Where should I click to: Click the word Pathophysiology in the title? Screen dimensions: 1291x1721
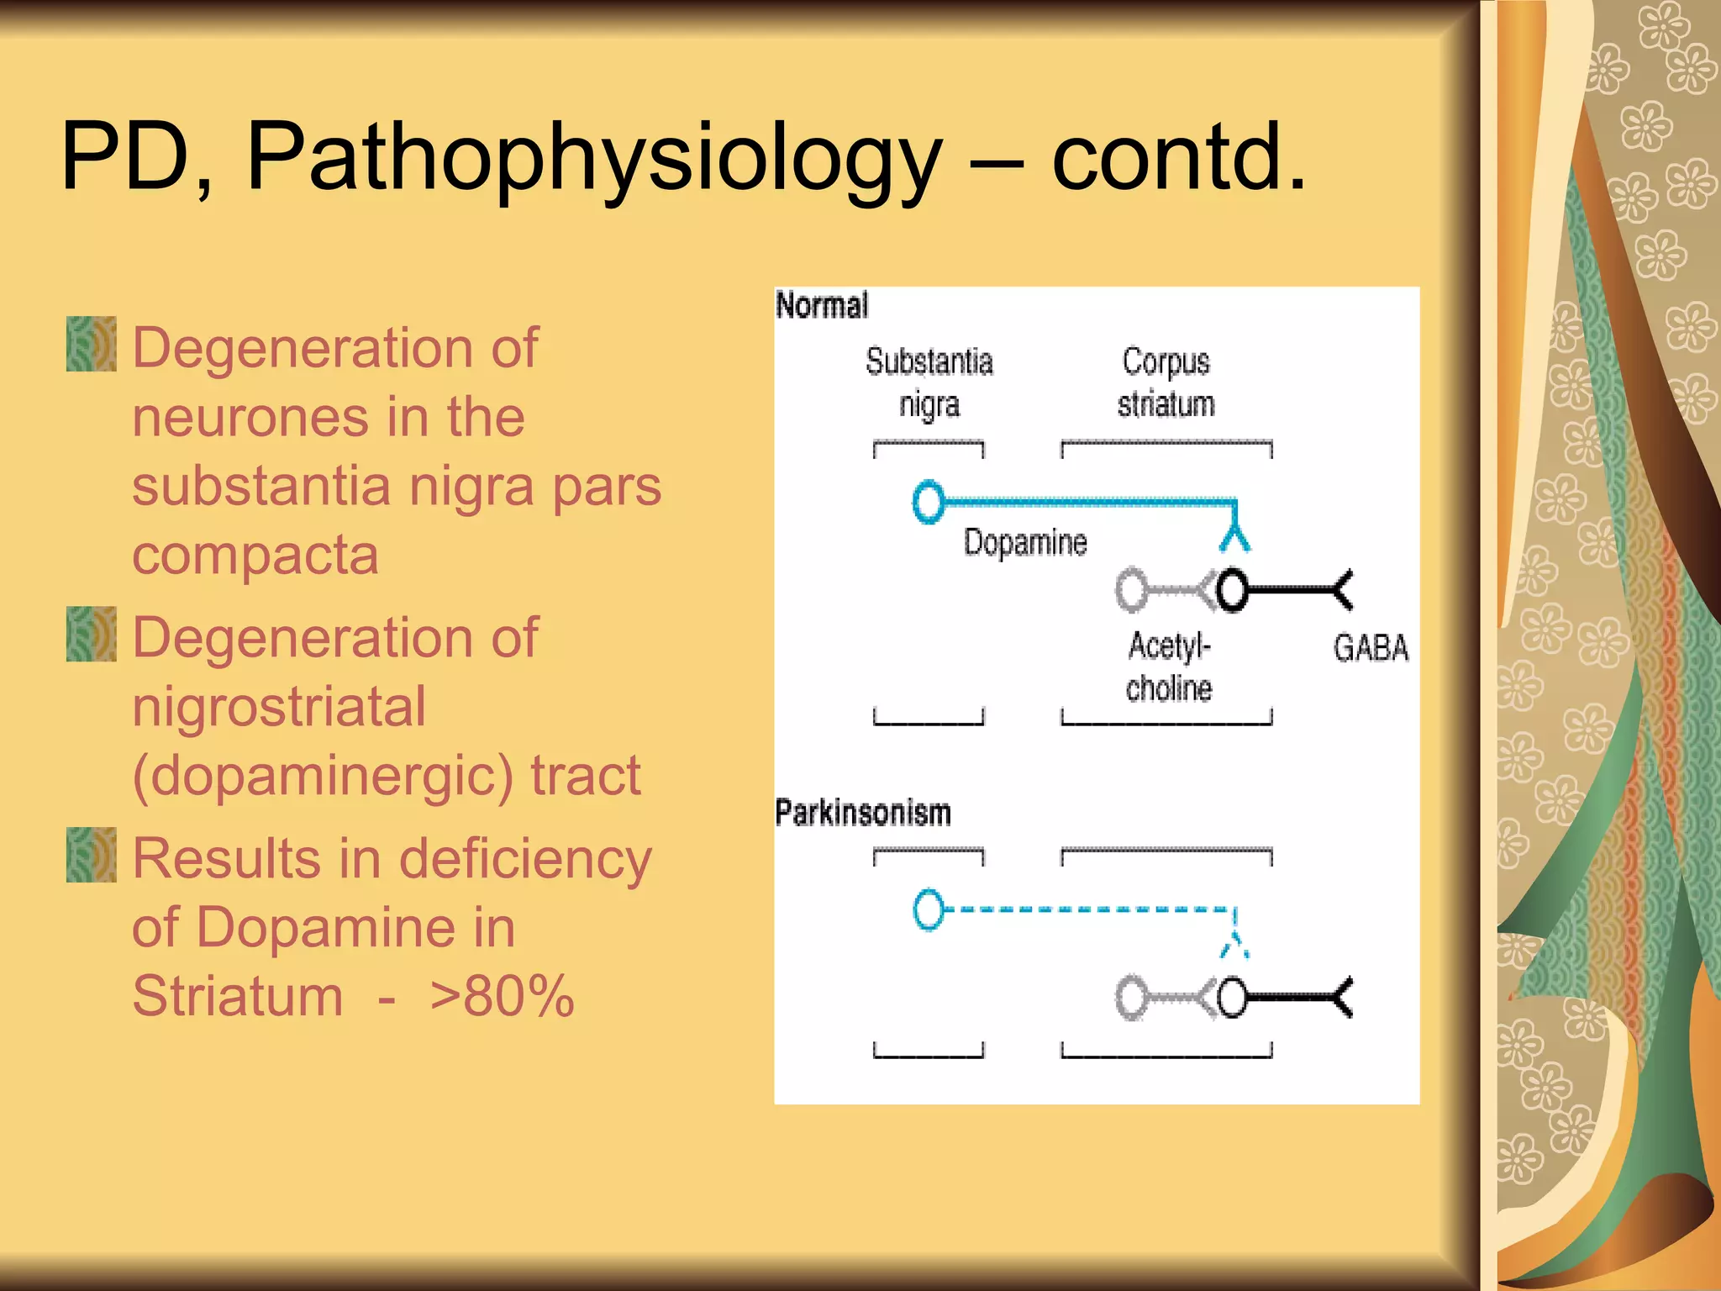click(x=594, y=158)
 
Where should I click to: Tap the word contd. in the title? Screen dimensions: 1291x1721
click(x=1178, y=158)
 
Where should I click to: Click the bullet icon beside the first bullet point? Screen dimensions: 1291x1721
click(x=91, y=344)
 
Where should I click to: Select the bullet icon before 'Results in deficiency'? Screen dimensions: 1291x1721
click(x=91, y=855)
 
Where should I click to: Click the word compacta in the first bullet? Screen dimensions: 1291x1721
click(x=255, y=556)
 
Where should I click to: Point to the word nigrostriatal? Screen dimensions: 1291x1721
click(x=279, y=707)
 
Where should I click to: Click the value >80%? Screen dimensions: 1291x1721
click(x=502, y=997)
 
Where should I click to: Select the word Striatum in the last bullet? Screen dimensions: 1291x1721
click(x=238, y=997)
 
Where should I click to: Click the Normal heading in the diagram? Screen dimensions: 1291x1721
click(x=821, y=305)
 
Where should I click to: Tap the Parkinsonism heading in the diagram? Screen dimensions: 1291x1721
click(x=862, y=813)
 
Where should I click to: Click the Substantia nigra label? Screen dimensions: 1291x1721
click(x=929, y=382)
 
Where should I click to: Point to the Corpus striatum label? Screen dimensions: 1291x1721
click(x=1166, y=382)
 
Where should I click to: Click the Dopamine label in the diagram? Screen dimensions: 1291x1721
click(x=1024, y=542)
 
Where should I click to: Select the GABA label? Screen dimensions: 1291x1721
click(x=1371, y=648)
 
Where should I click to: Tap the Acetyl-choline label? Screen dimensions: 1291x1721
click(x=1169, y=667)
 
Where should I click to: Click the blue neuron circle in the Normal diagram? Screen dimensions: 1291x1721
click(x=928, y=502)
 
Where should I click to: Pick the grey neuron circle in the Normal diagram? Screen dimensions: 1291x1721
click(x=1131, y=590)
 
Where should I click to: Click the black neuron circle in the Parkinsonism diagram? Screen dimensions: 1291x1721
click(x=1232, y=999)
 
